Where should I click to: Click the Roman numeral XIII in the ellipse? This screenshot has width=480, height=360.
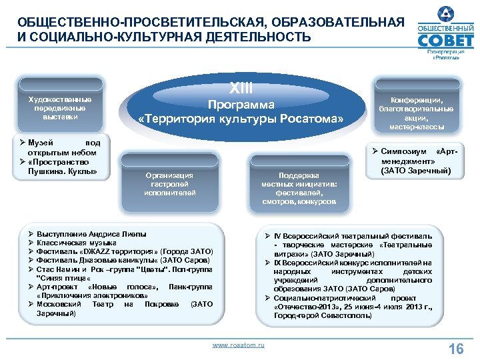(241, 87)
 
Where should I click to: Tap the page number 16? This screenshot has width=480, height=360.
(456, 348)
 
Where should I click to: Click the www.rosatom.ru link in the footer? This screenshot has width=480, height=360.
(238, 345)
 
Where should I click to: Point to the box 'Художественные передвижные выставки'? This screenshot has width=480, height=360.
(60, 108)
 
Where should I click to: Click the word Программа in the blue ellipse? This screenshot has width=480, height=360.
(241, 105)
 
